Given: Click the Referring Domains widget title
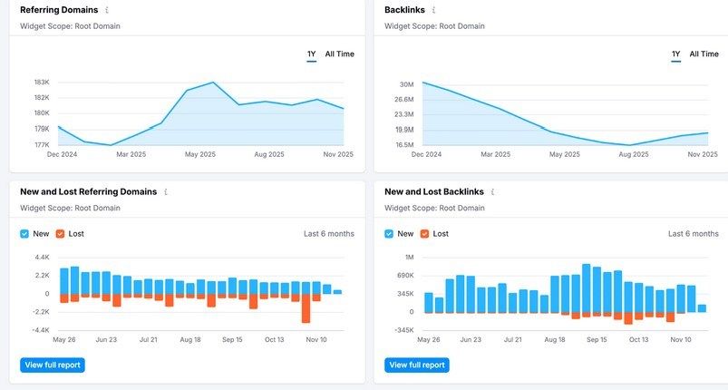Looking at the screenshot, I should point(59,10).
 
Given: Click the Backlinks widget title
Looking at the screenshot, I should point(404,10).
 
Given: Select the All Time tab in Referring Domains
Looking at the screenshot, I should point(339,54).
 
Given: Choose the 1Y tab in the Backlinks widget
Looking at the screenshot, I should point(675,54).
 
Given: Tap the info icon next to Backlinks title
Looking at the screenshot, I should point(433,10).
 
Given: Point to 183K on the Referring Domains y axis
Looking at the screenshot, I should point(42,83).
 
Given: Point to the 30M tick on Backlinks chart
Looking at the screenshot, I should point(404,84).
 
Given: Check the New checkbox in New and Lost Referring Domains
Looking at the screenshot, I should point(25,234).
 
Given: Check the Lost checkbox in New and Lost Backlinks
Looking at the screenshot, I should point(424,234).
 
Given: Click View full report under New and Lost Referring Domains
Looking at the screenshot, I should point(53,365).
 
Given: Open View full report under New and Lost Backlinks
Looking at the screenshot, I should point(417,365).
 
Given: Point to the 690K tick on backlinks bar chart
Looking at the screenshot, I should point(402,275).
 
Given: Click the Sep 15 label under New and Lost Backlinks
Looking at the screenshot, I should point(597,340).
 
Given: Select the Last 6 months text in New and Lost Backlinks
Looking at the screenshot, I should point(693,234).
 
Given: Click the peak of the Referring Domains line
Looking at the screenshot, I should point(213,83).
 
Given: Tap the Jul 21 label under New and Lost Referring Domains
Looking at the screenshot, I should point(149,340).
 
